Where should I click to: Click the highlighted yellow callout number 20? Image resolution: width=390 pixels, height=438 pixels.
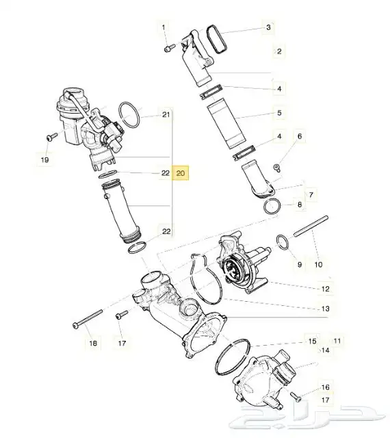click(x=181, y=173)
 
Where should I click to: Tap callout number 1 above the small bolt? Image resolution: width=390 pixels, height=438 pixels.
click(x=164, y=27)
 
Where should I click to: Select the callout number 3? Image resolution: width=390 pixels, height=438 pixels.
click(x=268, y=27)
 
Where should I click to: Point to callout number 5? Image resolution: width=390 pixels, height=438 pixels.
click(x=279, y=113)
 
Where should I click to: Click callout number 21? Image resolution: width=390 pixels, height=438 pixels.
click(x=166, y=114)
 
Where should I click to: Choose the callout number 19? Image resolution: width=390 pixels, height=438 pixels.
click(x=44, y=159)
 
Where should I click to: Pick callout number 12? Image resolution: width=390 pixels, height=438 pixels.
click(x=326, y=289)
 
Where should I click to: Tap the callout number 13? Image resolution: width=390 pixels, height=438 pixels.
click(x=326, y=309)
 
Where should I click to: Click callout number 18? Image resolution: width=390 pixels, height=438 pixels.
click(x=93, y=343)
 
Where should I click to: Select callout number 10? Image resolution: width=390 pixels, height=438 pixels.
click(x=318, y=264)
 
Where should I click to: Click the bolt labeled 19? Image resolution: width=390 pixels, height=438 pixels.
click(x=52, y=137)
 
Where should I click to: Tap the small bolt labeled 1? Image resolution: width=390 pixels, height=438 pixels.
click(x=169, y=48)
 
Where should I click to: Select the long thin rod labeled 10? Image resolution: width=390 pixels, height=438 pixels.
click(x=311, y=227)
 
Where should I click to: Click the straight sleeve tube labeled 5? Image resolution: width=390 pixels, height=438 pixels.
click(x=226, y=126)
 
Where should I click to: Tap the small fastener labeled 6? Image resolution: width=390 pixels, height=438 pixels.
click(x=276, y=167)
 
